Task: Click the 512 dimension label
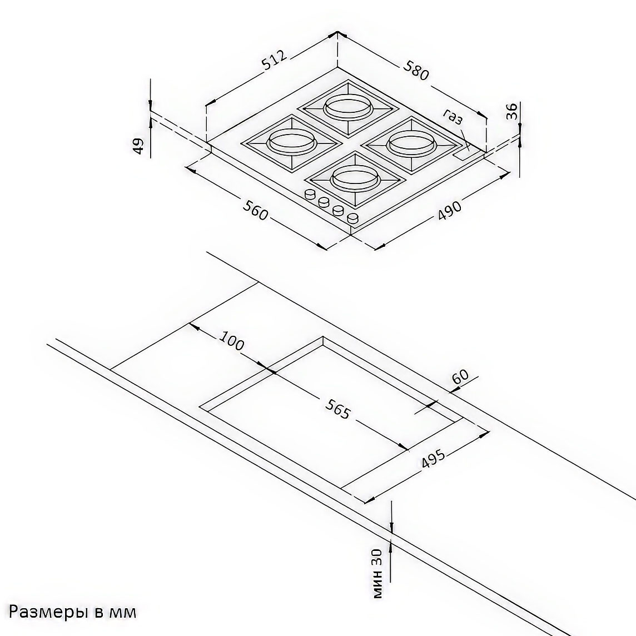275,60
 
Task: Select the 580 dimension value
415,70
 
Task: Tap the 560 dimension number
255,209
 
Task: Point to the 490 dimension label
449,211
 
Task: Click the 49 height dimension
138,146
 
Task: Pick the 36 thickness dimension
512,111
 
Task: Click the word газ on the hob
453,116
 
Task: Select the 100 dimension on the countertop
232,340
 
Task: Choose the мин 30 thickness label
377,573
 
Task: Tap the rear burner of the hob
348,107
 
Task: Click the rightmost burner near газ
413,143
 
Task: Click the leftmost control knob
310,195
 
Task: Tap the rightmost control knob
353,218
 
